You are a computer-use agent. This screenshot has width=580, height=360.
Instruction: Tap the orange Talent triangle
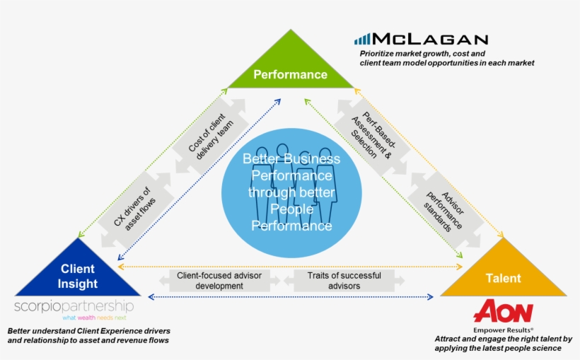pyautogui.click(x=503, y=276)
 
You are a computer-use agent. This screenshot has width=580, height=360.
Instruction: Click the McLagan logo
pyautogui.click(x=421, y=39)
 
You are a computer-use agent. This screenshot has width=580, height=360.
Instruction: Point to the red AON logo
pyautogui.click(x=503, y=311)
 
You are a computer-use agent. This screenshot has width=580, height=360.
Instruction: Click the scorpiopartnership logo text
pyautogui.click(x=74, y=306)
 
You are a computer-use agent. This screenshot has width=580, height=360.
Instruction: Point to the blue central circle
pyautogui.click(x=291, y=192)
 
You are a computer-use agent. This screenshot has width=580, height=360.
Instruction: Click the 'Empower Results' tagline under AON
pyautogui.click(x=503, y=330)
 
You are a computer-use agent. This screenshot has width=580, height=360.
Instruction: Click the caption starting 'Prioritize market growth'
pyautogui.click(x=446, y=58)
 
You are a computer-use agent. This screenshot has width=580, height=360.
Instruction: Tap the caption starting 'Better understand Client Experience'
pyautogui.click(x=88, y=335)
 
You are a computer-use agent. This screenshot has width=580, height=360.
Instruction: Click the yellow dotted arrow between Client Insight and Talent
pyautogui.click(x=290, y=267)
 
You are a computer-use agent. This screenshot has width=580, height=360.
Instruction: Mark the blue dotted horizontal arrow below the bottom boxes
pyautogui.click(x=290, y=297)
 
